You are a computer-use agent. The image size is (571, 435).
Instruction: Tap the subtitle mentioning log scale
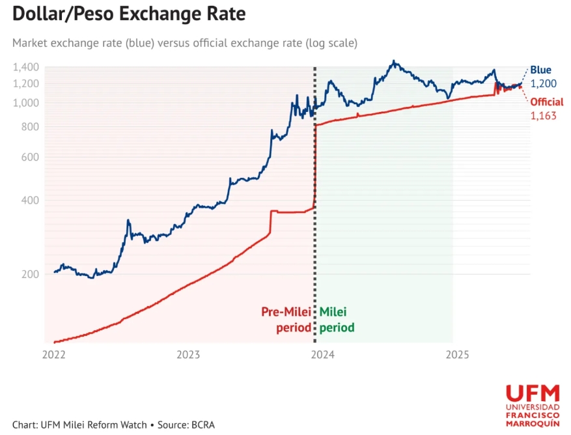184,44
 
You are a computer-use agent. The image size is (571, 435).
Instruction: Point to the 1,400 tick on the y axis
27,67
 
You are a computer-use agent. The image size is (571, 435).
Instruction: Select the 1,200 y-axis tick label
27,83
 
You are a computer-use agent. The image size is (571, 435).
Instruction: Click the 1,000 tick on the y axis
27,103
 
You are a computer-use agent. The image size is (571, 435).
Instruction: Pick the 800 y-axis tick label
30,127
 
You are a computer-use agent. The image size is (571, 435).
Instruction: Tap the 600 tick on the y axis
30,157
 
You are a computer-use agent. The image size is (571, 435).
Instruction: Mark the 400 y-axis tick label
30,200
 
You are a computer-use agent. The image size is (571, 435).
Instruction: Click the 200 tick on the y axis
30,274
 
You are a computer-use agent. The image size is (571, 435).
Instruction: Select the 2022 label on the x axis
53,355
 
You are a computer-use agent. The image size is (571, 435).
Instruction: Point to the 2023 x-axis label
188,355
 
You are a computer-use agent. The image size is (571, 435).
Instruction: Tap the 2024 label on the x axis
322,355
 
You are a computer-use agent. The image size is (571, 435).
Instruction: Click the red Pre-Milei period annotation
286,320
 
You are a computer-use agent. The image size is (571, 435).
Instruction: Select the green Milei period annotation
337,320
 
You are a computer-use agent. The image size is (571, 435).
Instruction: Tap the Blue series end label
540,70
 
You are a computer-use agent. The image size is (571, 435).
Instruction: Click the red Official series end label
547,102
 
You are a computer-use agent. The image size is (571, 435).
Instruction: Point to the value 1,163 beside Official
542,115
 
